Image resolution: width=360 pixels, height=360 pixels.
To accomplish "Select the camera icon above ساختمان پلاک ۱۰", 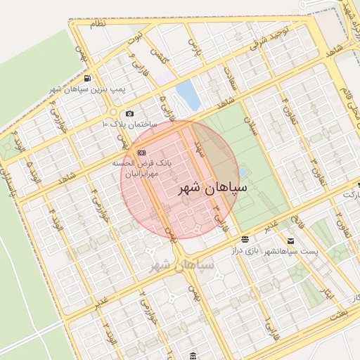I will (129, 113).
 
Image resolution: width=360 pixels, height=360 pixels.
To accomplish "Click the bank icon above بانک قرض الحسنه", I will (141, 152).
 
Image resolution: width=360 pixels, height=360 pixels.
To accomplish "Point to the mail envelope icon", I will (290, 240).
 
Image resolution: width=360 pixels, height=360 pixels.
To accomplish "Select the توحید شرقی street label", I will (271, 34).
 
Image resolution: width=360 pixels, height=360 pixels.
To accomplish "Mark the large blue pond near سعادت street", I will (188, 94).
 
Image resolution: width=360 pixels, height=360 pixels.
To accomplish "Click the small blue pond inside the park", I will (243, 171).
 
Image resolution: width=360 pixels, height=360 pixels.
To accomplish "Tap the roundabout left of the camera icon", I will (112, 112).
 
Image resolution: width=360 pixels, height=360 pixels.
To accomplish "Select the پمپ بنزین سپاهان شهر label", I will (78, 89).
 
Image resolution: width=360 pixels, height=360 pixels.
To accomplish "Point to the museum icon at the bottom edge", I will (194, 354).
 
